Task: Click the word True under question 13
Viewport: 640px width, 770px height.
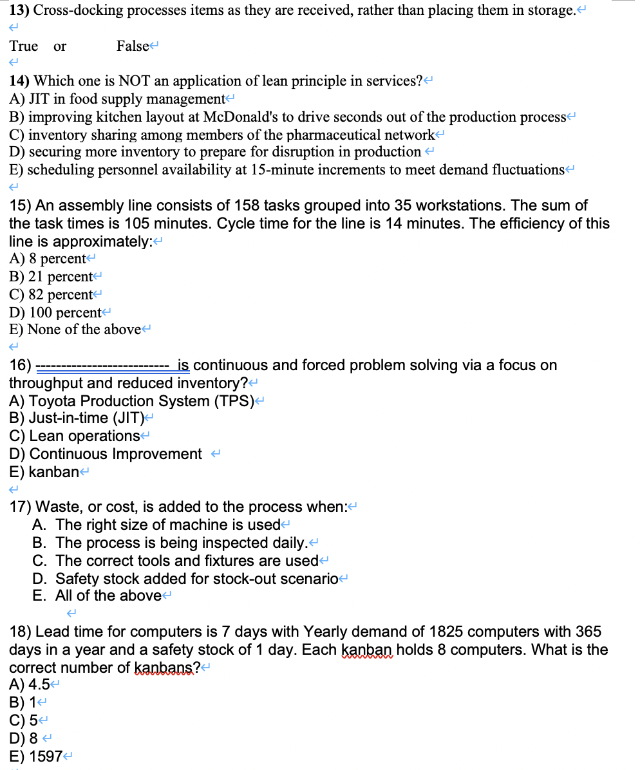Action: tap(23, 46)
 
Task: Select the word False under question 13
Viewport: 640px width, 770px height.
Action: tap(132, 46)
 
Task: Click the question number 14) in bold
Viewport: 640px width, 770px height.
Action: tap(19, 81)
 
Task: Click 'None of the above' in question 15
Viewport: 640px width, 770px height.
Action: tap(84, 330)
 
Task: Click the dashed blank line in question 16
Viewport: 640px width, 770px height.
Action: tap(102, 366)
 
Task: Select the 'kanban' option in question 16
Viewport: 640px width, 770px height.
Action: tap(54, 471)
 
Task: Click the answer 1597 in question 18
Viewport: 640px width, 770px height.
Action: tap(45, 757)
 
